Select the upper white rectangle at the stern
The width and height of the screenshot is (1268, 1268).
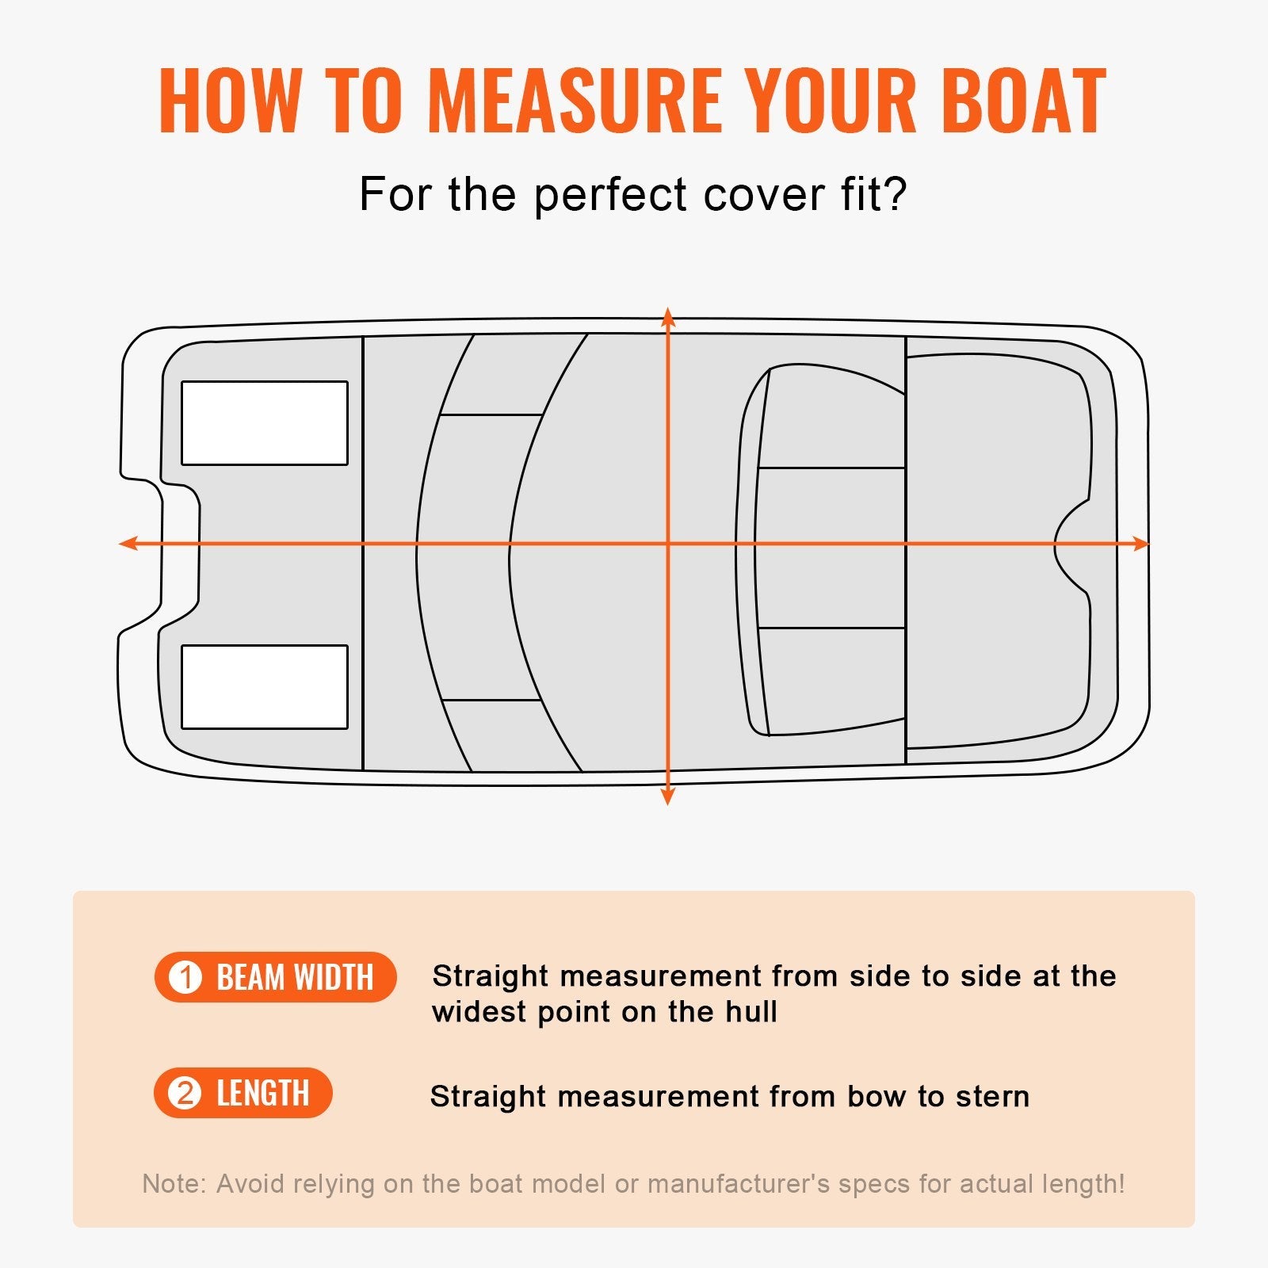[265, 423]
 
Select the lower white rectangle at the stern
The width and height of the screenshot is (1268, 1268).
[265, 687]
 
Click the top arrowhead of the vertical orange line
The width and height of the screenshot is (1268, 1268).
[668, 316]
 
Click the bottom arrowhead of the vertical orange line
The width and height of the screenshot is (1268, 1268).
[668, 797]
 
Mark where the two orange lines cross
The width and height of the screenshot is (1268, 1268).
[668, 544]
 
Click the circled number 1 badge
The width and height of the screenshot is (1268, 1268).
[186, 977]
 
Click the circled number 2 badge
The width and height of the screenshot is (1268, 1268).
[185, 1094]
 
